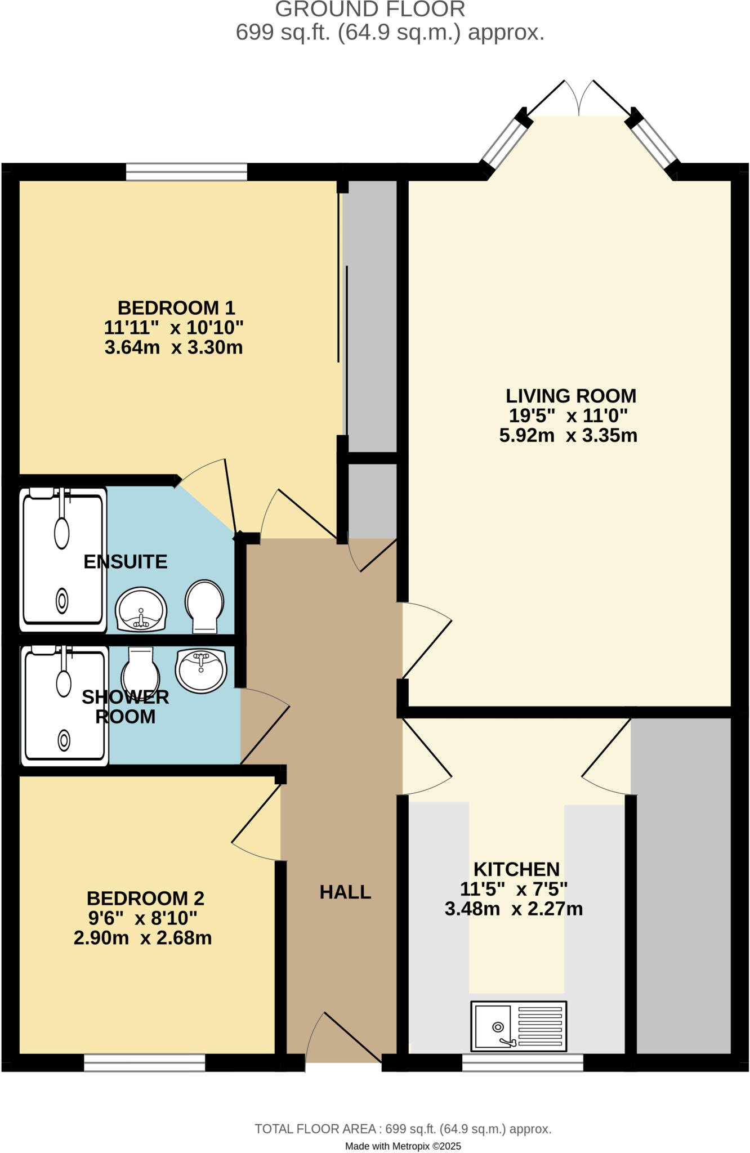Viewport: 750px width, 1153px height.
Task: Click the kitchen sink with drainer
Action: coord(519,1026)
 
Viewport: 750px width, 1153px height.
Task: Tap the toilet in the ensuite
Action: coord(204,606)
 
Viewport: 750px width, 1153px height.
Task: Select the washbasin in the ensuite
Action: coord(141,610)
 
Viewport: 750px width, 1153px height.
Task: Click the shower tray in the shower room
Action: coord(64,706)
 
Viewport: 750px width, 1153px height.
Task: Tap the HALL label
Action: coord(345,892)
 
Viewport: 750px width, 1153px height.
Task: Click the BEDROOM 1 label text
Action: coord(176,308)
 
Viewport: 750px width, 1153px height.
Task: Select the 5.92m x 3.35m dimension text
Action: coord(568,435)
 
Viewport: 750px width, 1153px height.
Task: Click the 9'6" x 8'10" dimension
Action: coord(142,918)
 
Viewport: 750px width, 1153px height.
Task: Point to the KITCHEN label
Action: coord(516,869)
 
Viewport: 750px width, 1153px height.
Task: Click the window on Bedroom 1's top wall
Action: coord(186,172)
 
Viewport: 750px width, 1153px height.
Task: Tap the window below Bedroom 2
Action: coord(144,1062)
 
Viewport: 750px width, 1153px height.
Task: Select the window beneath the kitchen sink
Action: coord(523,1062)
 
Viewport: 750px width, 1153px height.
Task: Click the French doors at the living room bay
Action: coord(579,99)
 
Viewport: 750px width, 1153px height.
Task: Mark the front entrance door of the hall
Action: coord(343,1042)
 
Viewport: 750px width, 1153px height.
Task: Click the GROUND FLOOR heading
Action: coord(370,10)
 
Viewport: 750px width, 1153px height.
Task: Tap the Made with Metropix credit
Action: coord(403,1146)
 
